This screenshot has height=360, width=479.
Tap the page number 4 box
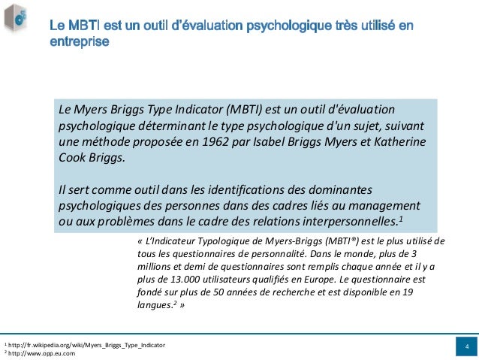pos(466,346)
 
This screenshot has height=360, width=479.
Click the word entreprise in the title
pos(80,42)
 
